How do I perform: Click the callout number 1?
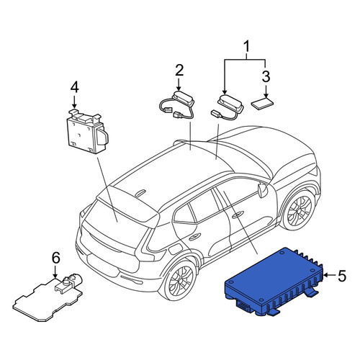pos(246,47)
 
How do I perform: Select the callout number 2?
pos(179,70)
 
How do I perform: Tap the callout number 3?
pos(266,77)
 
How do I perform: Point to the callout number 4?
pos(74,88)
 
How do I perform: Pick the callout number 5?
pos(342,276)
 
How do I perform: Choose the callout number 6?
pos(55,258)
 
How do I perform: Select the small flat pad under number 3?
pos(262,104)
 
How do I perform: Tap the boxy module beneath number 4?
pos(87,132)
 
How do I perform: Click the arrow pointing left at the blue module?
pos(329,276)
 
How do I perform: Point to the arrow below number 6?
pos(55,272)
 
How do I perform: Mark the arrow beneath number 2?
pos(179,85)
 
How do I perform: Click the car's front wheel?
pos(300,210)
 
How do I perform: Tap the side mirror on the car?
pos(263,189)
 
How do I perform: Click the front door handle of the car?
pos(238,215)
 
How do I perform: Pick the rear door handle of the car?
pos(195,237)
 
